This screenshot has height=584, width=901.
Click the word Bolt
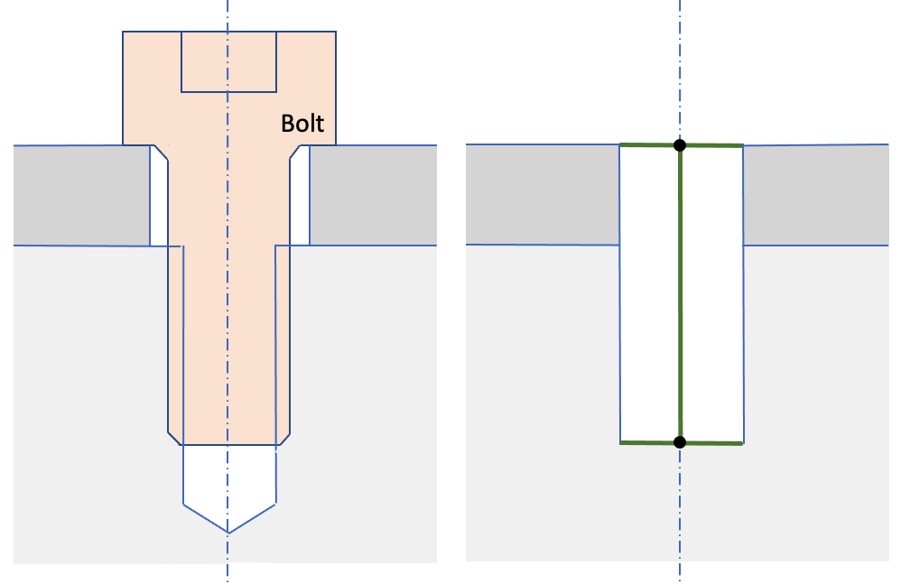point(302,124)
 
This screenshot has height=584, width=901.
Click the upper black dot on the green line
point(680,144)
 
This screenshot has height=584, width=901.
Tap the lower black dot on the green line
point(680,441)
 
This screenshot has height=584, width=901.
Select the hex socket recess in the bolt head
point(228,61)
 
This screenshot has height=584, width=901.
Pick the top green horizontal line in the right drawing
point(650,144)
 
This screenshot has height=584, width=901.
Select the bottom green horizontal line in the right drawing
point(650,442)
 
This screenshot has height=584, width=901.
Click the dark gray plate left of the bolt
point(81,194)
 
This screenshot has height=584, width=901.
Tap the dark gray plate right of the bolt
point(372,194)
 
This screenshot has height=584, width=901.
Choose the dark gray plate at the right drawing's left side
point(542,194)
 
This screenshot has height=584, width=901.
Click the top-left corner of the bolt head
point(124,32)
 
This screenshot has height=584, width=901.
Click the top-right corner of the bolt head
point(336,32)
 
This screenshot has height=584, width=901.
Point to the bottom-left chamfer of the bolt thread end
point(174,438)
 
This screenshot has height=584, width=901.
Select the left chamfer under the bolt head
point(161,153)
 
